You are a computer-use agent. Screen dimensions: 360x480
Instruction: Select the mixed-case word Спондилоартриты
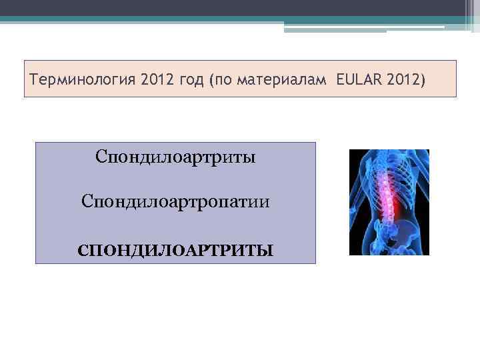(175, 158)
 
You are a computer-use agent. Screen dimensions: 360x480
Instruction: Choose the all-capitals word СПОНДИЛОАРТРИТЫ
(175, 251)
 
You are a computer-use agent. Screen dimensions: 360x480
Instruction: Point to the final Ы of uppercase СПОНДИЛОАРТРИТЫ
(266, 251)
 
